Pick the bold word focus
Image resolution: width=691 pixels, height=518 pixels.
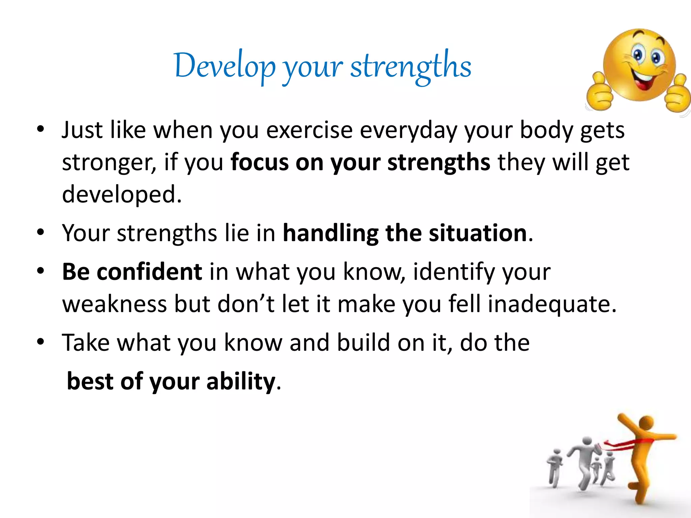tap(259, 162)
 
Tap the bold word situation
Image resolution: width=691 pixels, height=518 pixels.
tap(478, 233)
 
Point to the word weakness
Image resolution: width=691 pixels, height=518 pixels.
tap(115, 304)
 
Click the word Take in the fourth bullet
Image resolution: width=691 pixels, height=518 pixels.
tap(86, 343)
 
